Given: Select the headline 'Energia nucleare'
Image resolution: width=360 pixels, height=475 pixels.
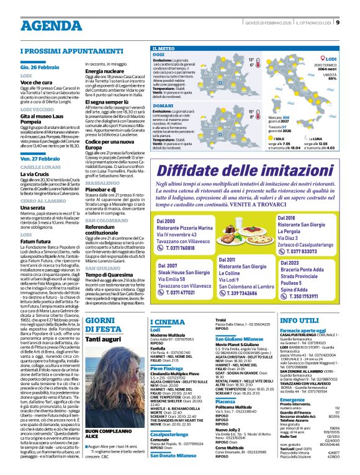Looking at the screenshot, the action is pyautogui.click(x=102, y=71).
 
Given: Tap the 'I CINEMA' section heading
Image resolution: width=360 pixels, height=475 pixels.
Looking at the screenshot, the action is pyautogui.click(x=167, y=321).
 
